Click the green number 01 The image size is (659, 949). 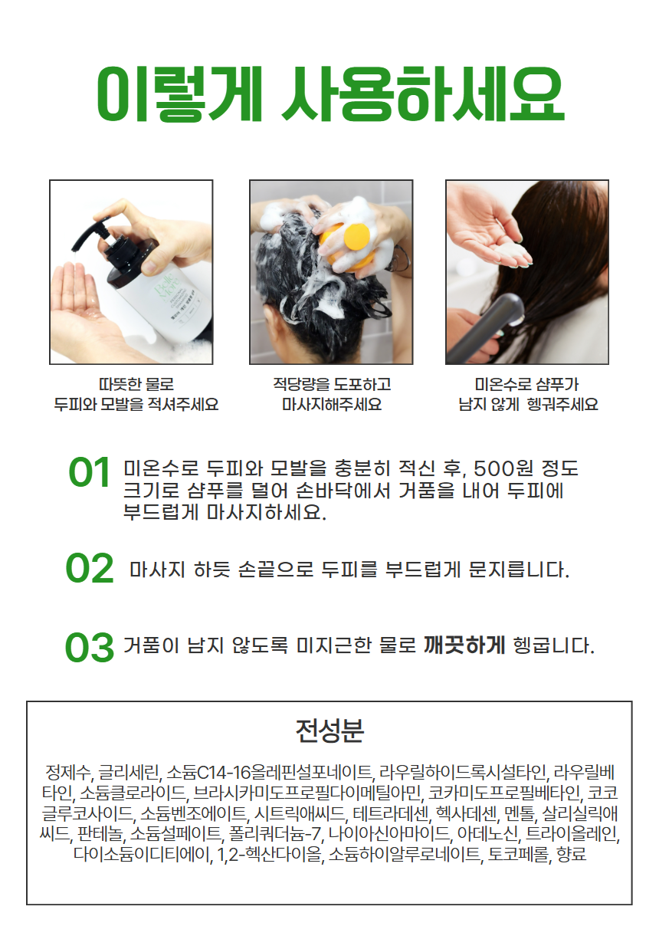[x=89, y=472]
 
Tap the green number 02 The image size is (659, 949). [x=90, y=568]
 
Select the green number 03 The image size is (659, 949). [x=90, y=647]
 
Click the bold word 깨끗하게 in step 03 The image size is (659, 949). [x=464, y=645]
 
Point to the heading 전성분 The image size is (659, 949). [x=329, y=731]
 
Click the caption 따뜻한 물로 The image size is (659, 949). [x=136, y=384]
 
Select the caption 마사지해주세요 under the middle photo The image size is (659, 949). [x=332, y=404]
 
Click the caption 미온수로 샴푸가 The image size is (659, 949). [x=526, y=384]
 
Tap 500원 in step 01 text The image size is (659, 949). [x=497, y=468]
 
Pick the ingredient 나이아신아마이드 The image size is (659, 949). [x=389, y=833]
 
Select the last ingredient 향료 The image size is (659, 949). [x=572, y=854]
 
